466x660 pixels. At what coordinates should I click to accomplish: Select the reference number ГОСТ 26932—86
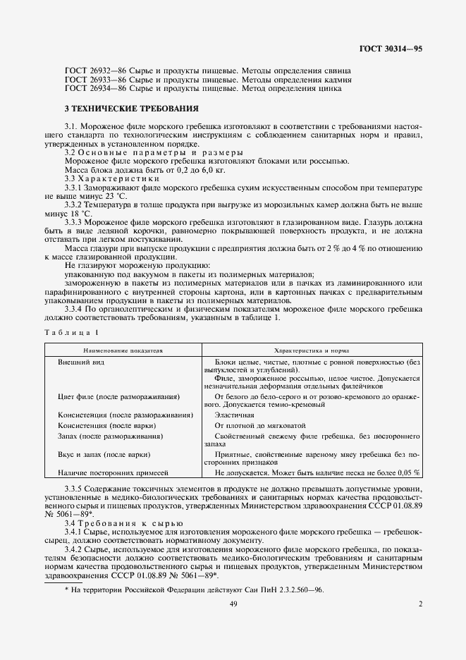click(87, 71)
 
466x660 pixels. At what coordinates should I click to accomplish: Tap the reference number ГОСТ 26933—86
click(87, 80)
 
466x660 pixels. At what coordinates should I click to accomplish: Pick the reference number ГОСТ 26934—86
click(87, 89)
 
